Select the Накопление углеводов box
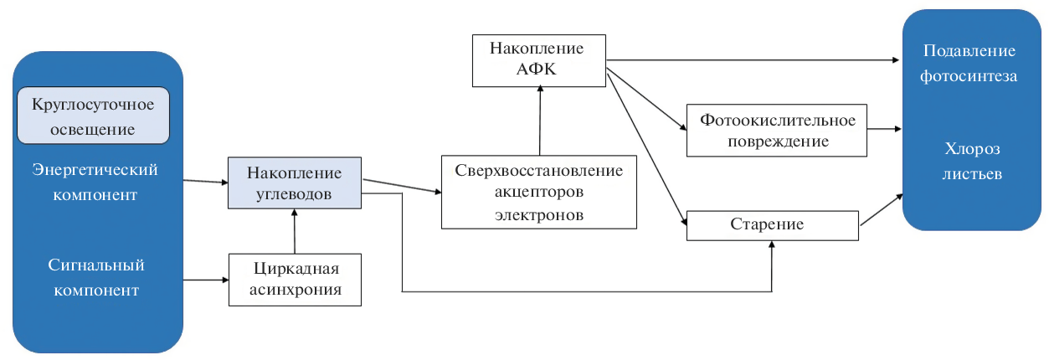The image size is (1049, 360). (x=294, y=183)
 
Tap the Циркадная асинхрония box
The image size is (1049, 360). (x=295, y=280)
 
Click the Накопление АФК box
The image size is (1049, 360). (x=538, y=59)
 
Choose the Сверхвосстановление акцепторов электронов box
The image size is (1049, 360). (x=538, y=193)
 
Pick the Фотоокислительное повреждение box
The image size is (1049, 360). (x=776, y=131)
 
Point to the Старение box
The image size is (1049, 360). (x=772, y=225)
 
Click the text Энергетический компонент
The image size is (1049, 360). (x=95, y=182)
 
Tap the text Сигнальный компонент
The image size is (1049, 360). (x=95, y=278)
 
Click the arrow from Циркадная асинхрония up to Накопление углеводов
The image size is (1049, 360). (x=295, y=232)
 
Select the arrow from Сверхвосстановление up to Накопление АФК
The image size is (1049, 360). (x=540, y=121)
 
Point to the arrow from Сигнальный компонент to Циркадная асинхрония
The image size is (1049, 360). (x=206, y=279)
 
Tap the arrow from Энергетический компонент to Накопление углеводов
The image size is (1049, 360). (x=206, y=181)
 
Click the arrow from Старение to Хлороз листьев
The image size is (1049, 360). (x=882, y=209)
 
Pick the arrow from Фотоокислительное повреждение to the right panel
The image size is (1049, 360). (x=884, y=130)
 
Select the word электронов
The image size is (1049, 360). (x=538, y=214)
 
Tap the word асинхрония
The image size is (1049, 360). (x=295, y=290)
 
